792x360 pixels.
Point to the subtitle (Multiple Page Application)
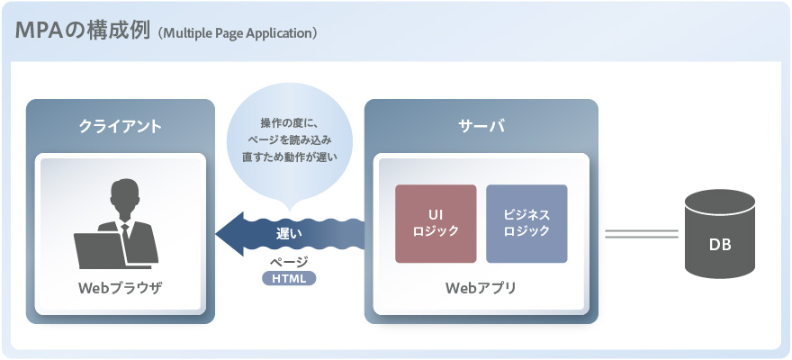(x=238, y=33)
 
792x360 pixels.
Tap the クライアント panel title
(x=121, y=126)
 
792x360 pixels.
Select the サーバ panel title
(x=481, y=126)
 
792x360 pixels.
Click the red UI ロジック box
(x=436, y=223)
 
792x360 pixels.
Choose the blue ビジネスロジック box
(x=526, y=223)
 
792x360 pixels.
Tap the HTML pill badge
(x=289, y=279)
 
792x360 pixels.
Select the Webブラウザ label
(x=121, y=290)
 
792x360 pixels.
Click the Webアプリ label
(x=481, y=290)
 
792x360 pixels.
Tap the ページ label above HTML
(x=289, y=262)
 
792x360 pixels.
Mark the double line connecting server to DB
(x=641, y=234)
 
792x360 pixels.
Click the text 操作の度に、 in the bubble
(x=289, y=122)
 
